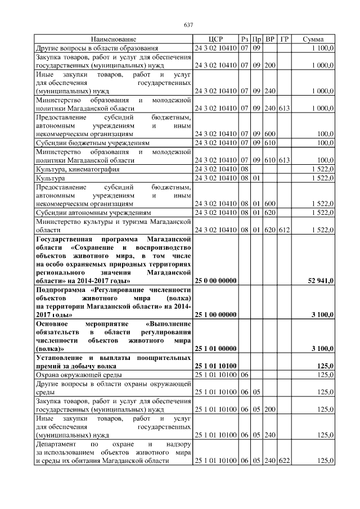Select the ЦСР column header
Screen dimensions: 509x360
click(x=216, y=39)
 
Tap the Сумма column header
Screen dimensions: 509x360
click(x=313, y=39)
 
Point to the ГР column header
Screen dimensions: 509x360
click(x=284, y=39)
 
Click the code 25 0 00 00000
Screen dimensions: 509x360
click(x=216, y=280)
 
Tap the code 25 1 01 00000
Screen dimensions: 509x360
click(x=216, y=349)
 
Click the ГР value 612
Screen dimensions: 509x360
click(x=284, y=230)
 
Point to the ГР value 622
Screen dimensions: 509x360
click(x=284, y=460)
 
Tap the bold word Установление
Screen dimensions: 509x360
click(x=61, y=358)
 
